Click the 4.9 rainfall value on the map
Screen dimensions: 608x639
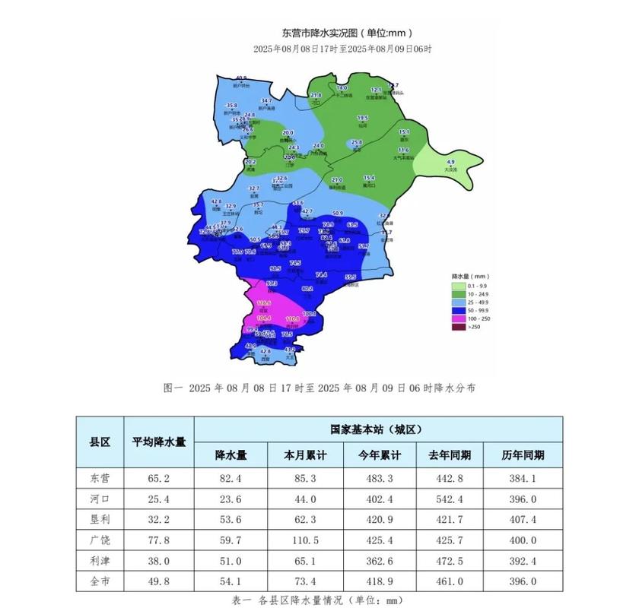(450, 162)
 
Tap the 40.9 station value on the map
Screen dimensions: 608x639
(241, 78)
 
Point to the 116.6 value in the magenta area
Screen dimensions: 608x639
(264, 302)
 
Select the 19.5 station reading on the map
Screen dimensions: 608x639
(363, 118)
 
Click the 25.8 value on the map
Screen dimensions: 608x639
(356, 143)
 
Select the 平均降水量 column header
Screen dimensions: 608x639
(159, 442)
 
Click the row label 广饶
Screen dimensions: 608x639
(100, 538)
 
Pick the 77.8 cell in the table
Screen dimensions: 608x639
(159, 538)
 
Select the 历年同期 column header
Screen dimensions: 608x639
(523, 454)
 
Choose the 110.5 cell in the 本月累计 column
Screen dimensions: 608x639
(305, 538)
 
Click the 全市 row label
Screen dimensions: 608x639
(100, 581)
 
